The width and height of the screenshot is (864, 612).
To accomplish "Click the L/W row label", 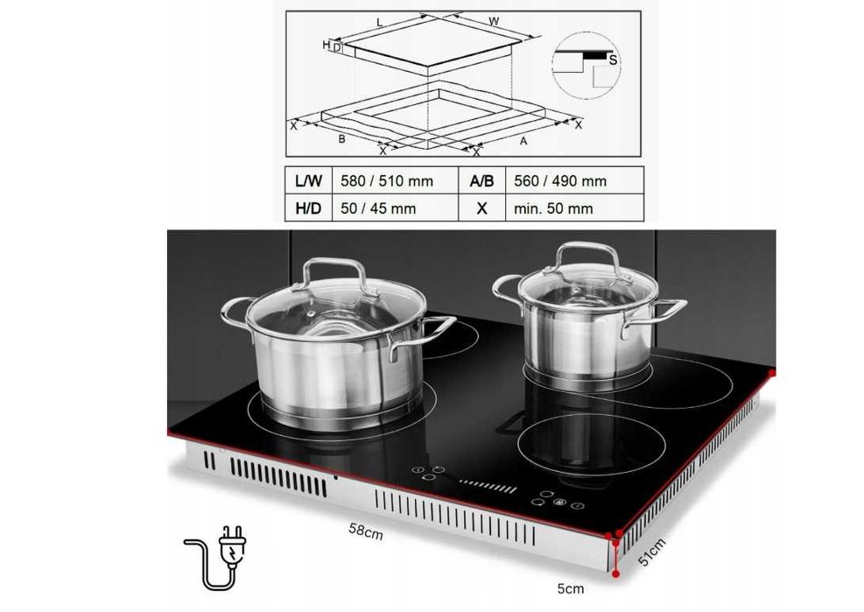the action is [308, 181].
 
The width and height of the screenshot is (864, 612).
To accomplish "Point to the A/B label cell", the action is [481, 181].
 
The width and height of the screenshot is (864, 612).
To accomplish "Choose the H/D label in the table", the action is [308, 208].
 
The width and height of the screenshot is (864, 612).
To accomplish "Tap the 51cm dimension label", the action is [652, 552].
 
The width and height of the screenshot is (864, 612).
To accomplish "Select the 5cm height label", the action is [570, 589].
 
